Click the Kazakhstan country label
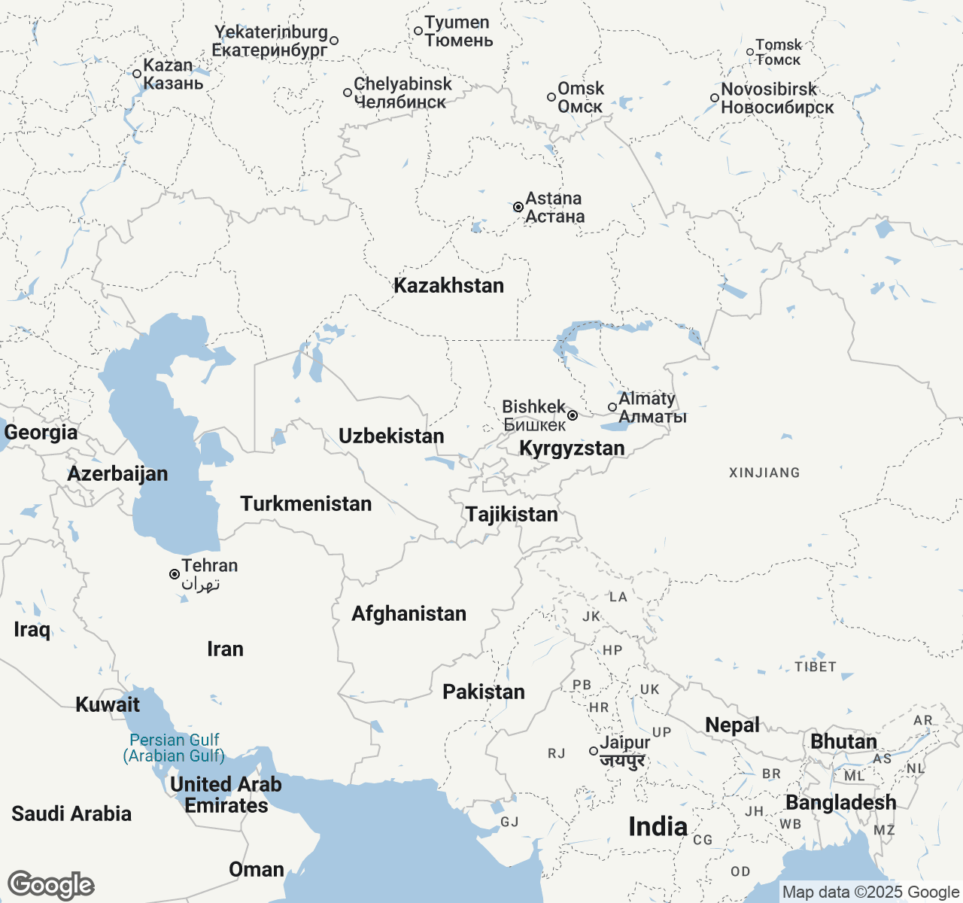click(x=448, y=286)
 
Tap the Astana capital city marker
click(x=518, y=207)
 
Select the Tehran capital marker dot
click(x=175, y=574)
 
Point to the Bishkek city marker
click(x=573, y=415)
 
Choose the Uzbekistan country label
click(x=391, y=436)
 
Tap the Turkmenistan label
click(x=306, y=504)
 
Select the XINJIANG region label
click(x=764, y=473)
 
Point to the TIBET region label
click(x=816, y=667)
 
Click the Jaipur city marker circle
click(x=594, y=751)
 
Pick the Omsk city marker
click(x=551, y=97)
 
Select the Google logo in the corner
click(x=51, y=886)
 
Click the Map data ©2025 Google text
click(x=870, y=892)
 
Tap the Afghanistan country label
click(x=409, y=614)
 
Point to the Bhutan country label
click(x=843, y=742)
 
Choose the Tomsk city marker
click(x=750, y=53)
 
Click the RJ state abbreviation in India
click(x=557, y=754)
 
